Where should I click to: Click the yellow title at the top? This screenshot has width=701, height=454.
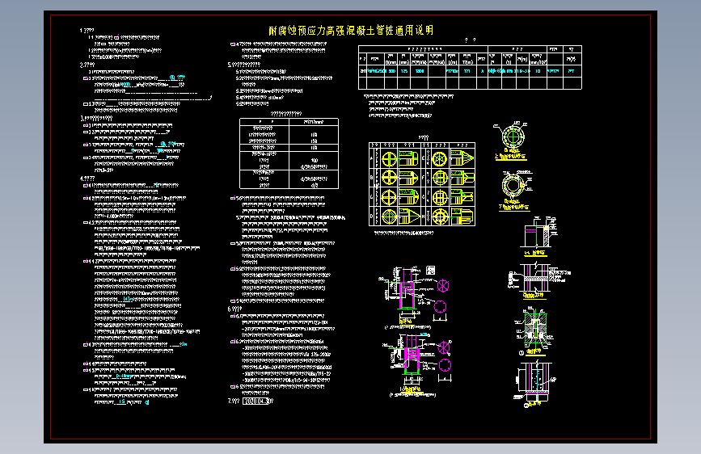point(350,31)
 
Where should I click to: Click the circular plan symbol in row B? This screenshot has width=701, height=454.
point(389,179)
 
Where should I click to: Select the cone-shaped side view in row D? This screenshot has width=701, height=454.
point(408,216)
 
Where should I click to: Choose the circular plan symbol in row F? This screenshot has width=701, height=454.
point(441,179)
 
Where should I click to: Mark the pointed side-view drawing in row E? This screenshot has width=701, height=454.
point(462,159)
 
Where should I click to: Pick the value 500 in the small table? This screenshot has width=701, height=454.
point(312,160)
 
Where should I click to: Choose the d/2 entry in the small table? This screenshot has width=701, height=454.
point(312,184)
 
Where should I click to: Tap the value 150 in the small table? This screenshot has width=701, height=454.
point(312,141)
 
